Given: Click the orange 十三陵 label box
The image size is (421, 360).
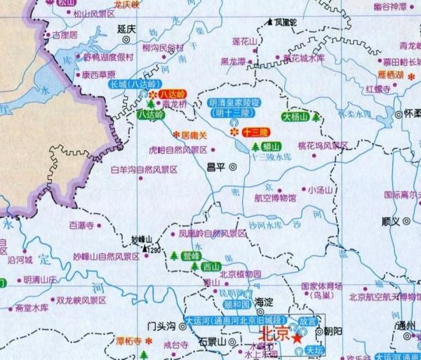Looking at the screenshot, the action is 255,132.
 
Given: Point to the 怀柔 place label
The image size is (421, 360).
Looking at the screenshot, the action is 412,113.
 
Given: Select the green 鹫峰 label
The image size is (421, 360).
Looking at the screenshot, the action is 192,255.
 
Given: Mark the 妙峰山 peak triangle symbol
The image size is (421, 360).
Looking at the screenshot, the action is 146,248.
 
